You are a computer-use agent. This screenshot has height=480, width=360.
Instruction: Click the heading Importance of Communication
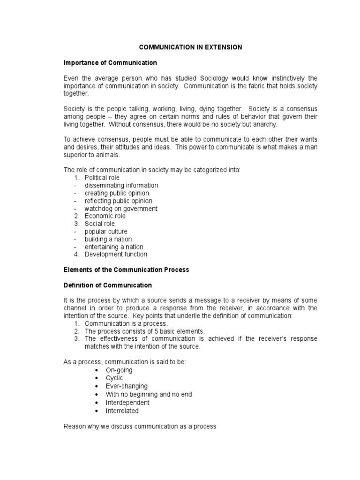pyautogui.click(x=110, y=62)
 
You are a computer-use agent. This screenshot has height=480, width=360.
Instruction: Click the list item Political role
pyautogui.click(x=102, y=178)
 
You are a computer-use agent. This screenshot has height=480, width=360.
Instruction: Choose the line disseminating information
pyautogui.click(x=121, y=185)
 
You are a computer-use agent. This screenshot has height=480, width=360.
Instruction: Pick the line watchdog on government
pyautogui.click(x=120, y=209)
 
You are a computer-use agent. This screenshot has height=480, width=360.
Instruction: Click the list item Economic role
pyautogui.click(x=105, y=216)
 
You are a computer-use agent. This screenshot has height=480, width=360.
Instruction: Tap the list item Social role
pyautogui.click(x=99, y=224)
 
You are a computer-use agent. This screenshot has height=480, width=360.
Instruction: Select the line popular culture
pyautogui.click(x=105, y=232)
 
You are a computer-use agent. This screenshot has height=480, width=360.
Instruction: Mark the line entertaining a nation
pyautogui.click(x=113, y=247)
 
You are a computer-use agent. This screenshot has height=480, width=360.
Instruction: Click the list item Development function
pyautogui.click(x=115, y=254)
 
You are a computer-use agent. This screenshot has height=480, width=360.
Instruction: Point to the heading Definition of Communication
pyautogui.click(x=108, y=285)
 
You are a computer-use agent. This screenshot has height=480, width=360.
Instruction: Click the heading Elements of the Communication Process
pyautogui.click(x=126, y=270)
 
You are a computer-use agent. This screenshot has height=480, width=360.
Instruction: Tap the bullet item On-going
pyautogui.click(x=119, y=370)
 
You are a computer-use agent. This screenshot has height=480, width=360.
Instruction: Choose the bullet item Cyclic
pyautogui.click(x=115, y=378)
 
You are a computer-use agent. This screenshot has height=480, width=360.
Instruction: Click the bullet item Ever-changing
pyautogui.click(x=127, y=386)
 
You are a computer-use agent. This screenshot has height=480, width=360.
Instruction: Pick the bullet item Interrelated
pyautogui.click(x=122, y=411)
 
